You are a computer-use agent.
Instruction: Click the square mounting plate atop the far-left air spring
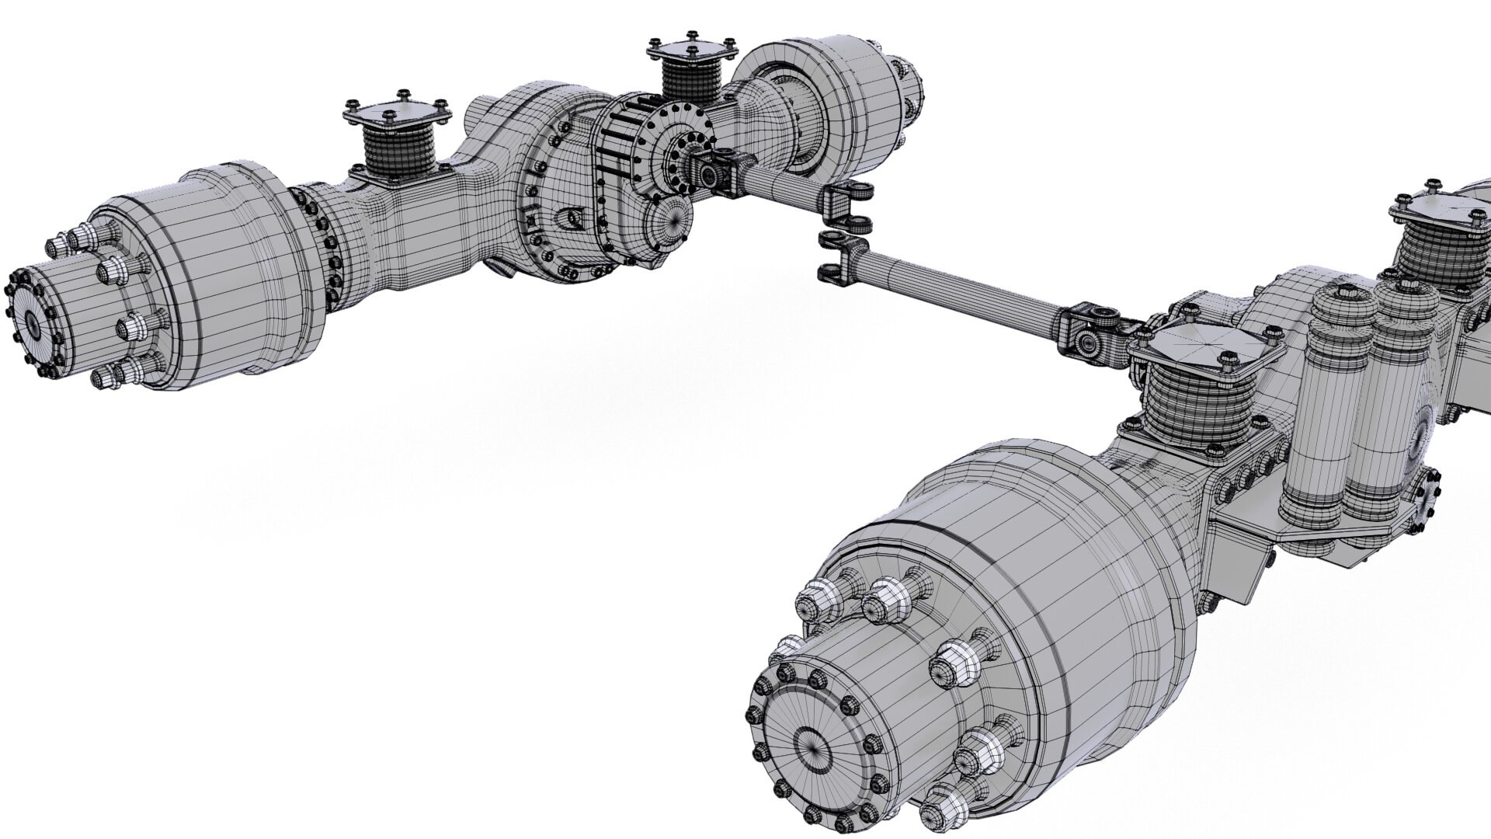(x=396, y=114)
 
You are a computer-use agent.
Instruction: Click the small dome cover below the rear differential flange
(x=669, y=225)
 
